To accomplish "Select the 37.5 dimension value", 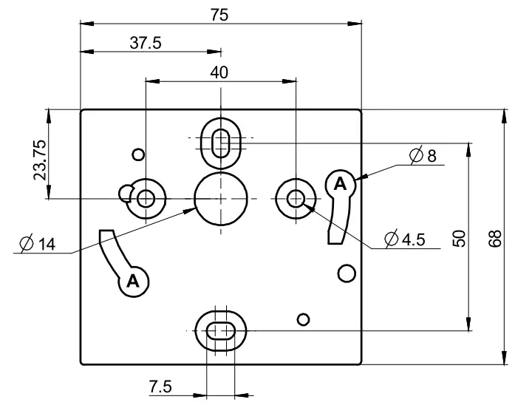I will tap(146, 43).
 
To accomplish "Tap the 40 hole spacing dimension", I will tap(219, 72).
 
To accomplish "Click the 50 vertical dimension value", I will tap(460, 237).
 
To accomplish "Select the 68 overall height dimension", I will tap(497, 237).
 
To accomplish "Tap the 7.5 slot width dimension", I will tap(160, 386).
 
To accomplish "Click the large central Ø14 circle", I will tap(220, 199).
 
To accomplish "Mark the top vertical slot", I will tap(220, 140).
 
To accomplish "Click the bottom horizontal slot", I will tap(220, 330).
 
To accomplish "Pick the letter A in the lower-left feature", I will tap(133, 280).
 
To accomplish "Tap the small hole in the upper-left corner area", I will tap(137, 154).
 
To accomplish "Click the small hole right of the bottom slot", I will tap(301, 319).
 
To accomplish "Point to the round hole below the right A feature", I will tap(344, 273).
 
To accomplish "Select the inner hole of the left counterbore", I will tap(146, 198).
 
